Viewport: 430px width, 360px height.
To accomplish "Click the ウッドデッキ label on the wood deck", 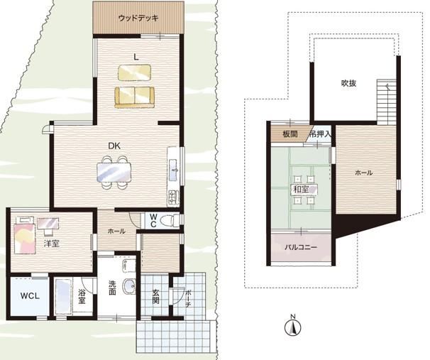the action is tap(138, 18).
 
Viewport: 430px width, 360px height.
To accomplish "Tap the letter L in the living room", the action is tap(136, 57).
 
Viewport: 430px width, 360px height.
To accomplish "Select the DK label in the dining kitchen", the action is tap(114, 146).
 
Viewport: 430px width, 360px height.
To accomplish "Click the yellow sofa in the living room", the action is tap(135, 97).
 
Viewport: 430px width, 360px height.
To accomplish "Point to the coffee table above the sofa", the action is tap(134, 72).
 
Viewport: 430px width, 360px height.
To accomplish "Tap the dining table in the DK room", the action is tap(114, 173).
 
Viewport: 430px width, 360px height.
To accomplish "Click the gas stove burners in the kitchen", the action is tap(173, 198).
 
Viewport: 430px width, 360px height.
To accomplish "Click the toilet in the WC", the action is tap(168, 221).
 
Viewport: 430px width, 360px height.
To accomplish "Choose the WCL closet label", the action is tap(31, 296).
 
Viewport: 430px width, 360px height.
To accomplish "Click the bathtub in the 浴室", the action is tap(63, 296).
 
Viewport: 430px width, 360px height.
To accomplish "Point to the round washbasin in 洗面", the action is tap(129, 286).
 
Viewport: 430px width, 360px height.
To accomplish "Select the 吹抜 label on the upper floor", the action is tap(348, 83).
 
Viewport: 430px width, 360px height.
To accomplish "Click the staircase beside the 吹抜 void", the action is tap(387, 102).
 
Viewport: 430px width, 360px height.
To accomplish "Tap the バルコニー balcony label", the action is tap(301, 247).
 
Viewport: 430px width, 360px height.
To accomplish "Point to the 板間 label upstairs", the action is tap(290, 134).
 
